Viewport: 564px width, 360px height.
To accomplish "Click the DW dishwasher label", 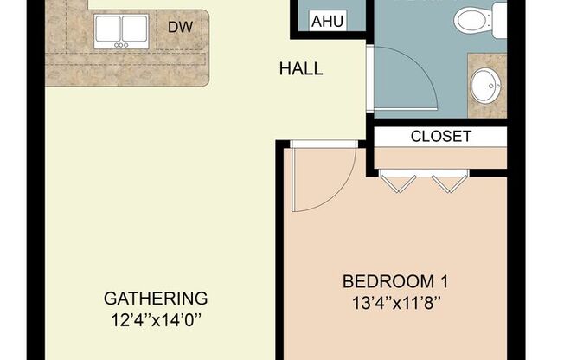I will click(x=179, y=28).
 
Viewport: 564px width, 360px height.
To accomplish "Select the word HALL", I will click(x=300, y=68).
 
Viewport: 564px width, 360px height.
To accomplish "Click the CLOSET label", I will click(x=440, y=137).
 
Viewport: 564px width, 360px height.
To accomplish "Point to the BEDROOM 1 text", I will click(x=395, y=281).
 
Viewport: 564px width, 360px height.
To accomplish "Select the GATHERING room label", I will click(x=156, y=299).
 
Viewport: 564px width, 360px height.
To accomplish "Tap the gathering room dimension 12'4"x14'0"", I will click(x=156, y=319).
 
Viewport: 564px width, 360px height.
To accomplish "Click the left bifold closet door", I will click(x=399, y=183).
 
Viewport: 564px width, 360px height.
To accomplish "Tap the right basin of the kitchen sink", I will click(x=134, y=29).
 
